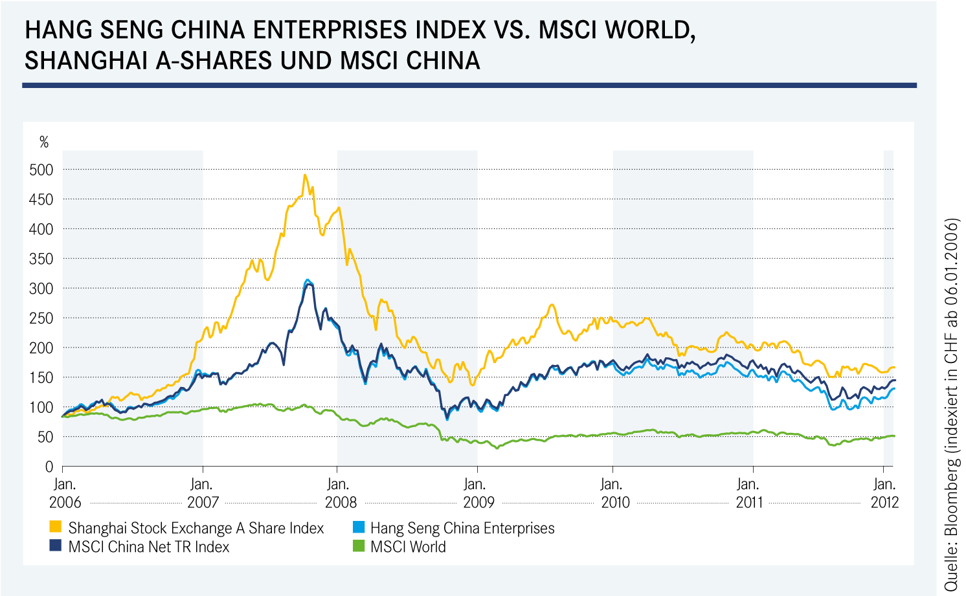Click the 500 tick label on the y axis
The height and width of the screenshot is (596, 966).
(x=41, y=170)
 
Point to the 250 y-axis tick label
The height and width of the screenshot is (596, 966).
(x=41, y=318)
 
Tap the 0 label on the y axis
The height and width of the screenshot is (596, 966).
(x=49, y=467)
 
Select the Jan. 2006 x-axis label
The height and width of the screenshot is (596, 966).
(x=65, y=493)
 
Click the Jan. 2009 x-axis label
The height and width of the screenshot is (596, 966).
(x=477, y=493)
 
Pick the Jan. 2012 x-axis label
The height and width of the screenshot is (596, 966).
(x=884, y=493)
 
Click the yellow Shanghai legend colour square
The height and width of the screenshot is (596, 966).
(x=56, y=527)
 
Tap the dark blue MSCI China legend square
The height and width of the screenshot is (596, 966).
(x=56, y=546)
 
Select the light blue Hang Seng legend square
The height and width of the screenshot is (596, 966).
(x=358, y=527)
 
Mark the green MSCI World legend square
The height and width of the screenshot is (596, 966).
(x=358, y=546)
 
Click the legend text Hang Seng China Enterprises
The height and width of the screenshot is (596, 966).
(x=462, y=528)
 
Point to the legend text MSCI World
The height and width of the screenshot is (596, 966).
(x=408, y=547)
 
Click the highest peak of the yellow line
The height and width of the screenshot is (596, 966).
(x=305, y=175)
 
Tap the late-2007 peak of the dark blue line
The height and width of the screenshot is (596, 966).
(x=308, y=283)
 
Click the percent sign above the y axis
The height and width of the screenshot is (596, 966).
(x=44, y=142)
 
